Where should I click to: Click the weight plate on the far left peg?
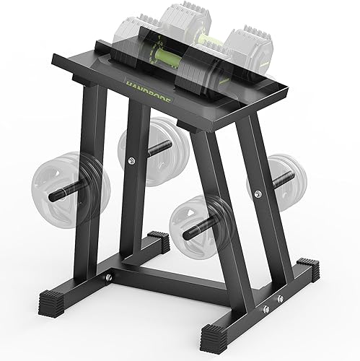point(71,179)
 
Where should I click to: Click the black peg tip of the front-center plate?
point(189,232)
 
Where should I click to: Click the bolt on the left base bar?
point(109,275)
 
